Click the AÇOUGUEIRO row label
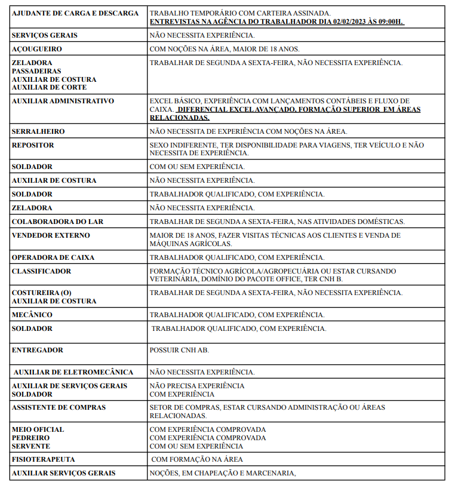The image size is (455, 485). click(36, 49)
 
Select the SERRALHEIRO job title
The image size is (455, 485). click(38, 131)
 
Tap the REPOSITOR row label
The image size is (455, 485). click(33, 145)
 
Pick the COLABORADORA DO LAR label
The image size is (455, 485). click(57, 222)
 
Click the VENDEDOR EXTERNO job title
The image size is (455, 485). click(51, 235)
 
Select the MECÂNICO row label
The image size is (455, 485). click(32, 315)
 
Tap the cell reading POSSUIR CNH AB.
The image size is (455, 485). click(179, 350)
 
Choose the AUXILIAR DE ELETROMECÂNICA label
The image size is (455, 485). click(73, 372)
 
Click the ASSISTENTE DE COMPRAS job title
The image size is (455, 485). click(59, 407)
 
